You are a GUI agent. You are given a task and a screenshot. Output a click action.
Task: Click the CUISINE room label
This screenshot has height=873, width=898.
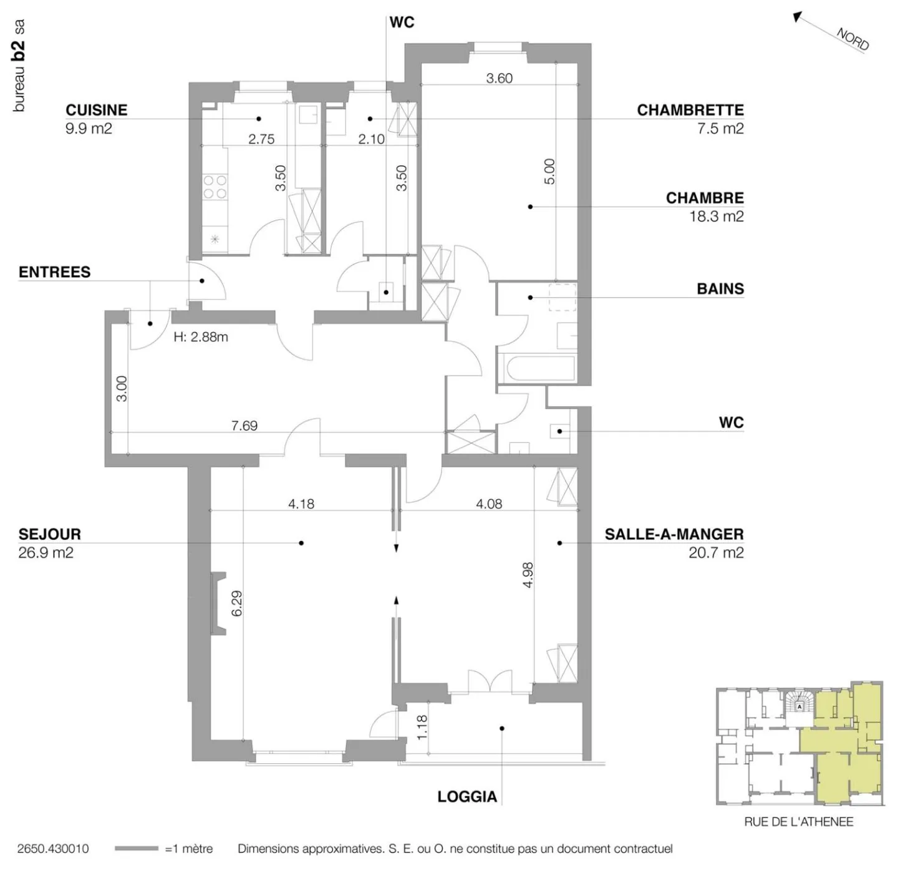click(96, 110)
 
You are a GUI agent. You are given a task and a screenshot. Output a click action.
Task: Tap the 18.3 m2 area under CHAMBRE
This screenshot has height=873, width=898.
click(716, 217)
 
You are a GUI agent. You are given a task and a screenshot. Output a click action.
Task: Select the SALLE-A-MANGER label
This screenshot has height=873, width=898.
click(673, 534)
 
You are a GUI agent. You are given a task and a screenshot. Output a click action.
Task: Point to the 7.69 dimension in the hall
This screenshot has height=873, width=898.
click(244, 426)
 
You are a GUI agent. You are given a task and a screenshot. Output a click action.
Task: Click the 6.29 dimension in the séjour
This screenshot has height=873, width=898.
click(236, 603)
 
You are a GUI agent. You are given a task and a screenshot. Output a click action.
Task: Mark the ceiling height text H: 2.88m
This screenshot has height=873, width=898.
click(200, 337)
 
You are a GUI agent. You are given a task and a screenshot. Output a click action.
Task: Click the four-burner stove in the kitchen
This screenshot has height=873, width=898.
click(215, 187)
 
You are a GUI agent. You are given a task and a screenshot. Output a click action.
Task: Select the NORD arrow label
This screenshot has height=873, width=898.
click(852, 39)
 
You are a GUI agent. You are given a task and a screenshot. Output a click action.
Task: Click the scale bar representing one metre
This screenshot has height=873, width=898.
click(137, 849)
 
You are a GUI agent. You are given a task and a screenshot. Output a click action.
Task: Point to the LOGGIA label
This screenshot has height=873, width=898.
click(467, 796)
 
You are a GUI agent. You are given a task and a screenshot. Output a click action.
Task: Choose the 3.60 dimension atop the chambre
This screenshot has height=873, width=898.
click(499, 78)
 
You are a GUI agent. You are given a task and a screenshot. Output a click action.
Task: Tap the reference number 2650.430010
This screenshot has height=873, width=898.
click(53, 849)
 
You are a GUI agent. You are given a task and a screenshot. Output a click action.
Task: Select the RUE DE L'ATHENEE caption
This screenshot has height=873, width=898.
click(798, 822)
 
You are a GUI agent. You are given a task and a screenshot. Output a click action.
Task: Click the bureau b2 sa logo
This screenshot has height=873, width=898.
click(19, 66)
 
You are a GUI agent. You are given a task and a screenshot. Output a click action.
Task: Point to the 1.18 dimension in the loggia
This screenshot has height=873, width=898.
click(422, 728)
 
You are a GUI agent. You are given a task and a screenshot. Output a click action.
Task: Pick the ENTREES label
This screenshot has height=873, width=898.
click(54, 272)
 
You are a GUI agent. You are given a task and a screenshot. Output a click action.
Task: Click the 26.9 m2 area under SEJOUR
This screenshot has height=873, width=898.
click(46, 553)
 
